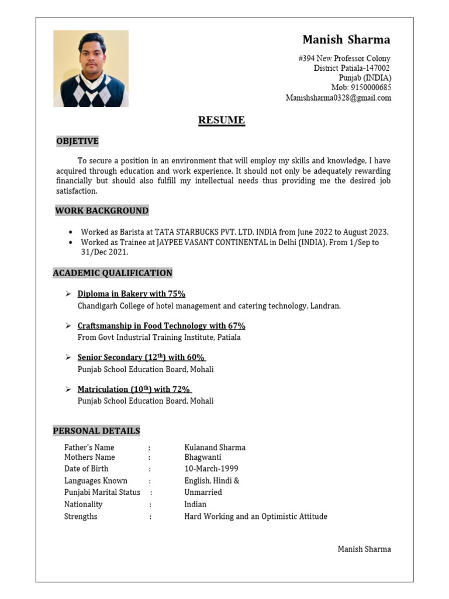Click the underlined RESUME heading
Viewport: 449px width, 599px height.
(x=221, y=121)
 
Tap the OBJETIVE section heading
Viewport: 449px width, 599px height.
(x=77, y=141)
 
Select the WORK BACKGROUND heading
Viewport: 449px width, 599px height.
(x=102, y=211)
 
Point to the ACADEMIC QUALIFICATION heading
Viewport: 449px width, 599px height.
(x=113, y=273)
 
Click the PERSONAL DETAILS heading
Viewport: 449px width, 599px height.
(x=96, y=431)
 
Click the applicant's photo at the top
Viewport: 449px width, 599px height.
(x=91, y=68)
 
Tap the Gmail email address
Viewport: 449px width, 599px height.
(x=338, y=98)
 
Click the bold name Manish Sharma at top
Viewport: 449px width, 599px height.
(x=346, y=40)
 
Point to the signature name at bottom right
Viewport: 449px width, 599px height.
(x=364, y=549)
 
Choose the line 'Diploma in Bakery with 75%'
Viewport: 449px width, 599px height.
(x=131, y=294)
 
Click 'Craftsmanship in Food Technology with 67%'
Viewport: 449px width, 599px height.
(x=161, y=326)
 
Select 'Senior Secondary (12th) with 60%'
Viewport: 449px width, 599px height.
(x=141, y=357)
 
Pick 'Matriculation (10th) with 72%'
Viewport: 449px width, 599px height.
(x=134, y=390)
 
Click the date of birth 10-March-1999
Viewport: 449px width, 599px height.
(x=211, y=469)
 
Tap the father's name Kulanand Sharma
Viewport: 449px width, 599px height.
(x=215, y=447)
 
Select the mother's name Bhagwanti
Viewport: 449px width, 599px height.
(x=203, y=457)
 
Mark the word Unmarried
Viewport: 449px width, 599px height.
(x=203, y=493)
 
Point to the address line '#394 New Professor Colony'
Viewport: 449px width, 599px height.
(x=344, y=58)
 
